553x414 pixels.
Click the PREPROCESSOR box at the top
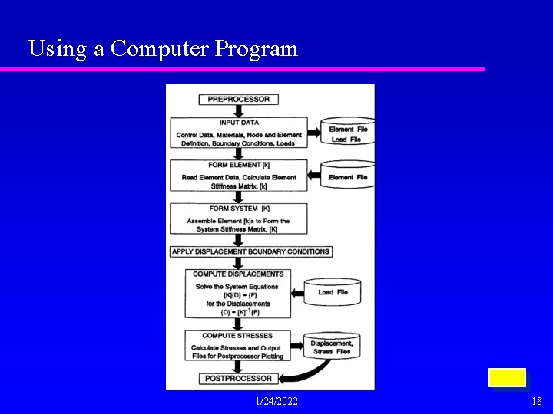238,99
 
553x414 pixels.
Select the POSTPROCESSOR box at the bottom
238,378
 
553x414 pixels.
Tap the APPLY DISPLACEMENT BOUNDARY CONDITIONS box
251,251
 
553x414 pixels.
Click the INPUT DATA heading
239,123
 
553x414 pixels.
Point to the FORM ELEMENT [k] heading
239,165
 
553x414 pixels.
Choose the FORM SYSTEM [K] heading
239,209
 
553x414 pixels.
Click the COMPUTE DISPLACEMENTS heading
238,274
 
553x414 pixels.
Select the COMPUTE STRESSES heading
237,336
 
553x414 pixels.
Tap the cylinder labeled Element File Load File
348,133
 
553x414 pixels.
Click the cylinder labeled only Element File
348,176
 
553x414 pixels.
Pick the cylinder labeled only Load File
332,291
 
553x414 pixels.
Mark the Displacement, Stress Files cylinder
332,347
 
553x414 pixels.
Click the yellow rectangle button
507,378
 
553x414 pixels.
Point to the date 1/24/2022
276,401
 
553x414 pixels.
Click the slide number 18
536,401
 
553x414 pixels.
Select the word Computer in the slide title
159,48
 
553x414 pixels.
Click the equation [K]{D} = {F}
238,295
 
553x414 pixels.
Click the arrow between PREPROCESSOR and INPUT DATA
238,110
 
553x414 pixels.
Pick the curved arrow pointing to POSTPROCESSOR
303,373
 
